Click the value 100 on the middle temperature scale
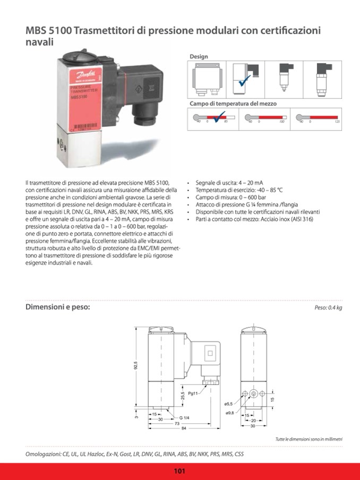click(x=282, y=122)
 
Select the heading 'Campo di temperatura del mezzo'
click(x=233, y=104)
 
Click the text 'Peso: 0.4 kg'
click(x=328, y=308)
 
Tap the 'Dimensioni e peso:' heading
click(x=58, y=307)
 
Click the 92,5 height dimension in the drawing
click(x=135, y=366)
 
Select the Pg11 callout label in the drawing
click(x=194, y=393)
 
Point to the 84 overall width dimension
click(x=184, y=428)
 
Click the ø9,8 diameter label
click(x=230, y=413)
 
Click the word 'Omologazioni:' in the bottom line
click(x=44, y=455)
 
